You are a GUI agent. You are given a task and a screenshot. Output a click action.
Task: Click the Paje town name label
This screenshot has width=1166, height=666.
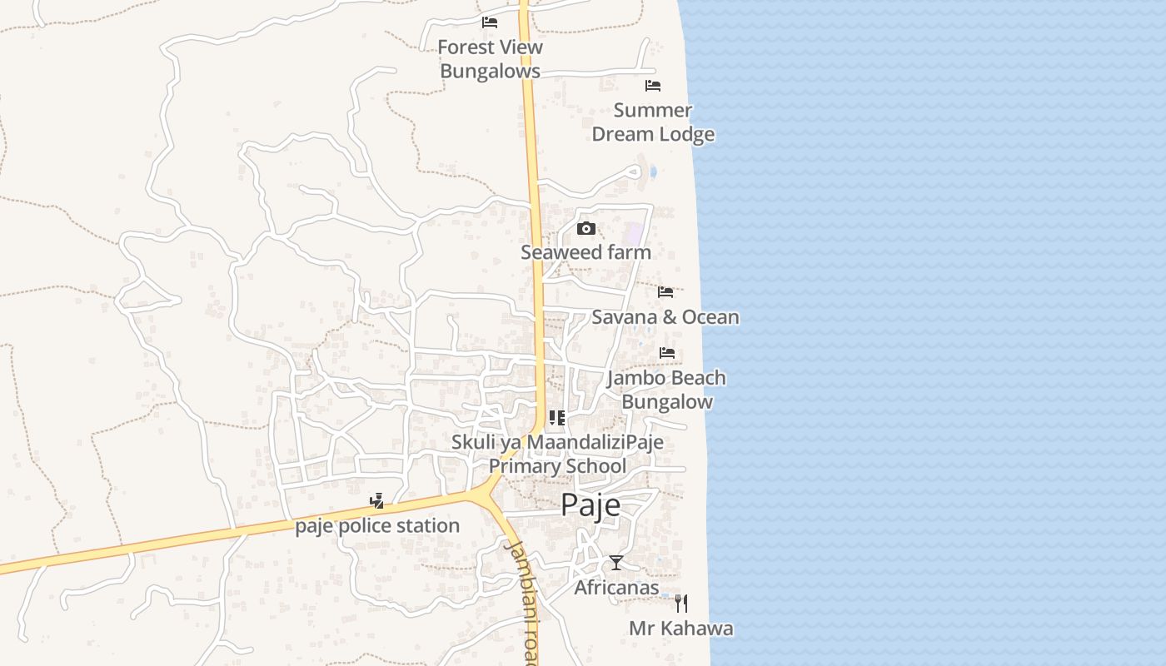(x=590, y=504)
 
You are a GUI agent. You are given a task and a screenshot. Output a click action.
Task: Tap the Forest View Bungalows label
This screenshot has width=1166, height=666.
(x=491, y=59)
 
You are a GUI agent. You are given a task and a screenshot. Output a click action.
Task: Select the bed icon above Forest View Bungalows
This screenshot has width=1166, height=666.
(x=490, y=22)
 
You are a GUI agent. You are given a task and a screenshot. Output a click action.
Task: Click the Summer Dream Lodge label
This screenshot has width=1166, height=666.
(x=653, y=122)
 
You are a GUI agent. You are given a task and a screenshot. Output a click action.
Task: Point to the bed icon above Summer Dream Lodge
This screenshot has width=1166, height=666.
(x=653, y=86)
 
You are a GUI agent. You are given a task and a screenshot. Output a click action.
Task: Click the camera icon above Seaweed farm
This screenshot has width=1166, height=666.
(x=586, y=229)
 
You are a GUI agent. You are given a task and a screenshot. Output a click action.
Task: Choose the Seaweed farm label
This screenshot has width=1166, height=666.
(x=585, y=252)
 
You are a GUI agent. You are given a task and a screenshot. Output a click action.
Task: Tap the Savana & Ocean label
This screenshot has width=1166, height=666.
(x=665, y=317)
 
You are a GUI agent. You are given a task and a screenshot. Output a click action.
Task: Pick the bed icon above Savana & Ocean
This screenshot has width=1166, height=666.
(x=665, y=292)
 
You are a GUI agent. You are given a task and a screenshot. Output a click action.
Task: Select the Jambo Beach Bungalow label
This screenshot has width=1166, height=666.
(x=666, y=390)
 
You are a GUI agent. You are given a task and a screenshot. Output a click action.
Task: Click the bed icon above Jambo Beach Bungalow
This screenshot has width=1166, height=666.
(x=667, y=353)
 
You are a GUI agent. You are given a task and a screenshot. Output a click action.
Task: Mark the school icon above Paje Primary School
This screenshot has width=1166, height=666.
(x=557, y=418)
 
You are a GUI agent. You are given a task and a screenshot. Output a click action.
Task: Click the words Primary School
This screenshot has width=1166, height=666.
(x=557, y=465)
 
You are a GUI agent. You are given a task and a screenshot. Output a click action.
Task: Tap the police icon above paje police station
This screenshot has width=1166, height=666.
(x=377, y=501)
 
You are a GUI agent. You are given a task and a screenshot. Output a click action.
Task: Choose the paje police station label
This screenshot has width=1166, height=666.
(x=377, y=526)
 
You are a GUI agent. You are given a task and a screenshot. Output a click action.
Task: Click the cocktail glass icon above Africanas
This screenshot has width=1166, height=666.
(x=615, y=563)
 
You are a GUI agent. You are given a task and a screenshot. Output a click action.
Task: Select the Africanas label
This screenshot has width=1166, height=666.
(x=616, y=588)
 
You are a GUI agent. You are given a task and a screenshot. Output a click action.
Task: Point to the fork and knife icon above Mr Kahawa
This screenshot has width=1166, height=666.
(x=681, y=604)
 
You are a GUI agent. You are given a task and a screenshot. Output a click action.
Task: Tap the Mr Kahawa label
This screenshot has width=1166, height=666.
(x=681, y=629)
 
